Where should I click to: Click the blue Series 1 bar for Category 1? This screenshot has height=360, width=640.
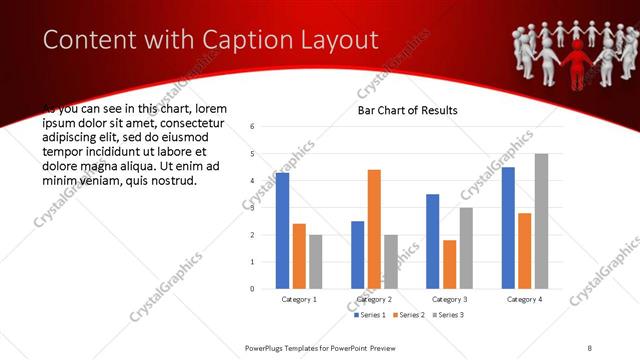[282, 231]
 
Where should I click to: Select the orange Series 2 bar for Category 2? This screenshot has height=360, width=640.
[374, 229]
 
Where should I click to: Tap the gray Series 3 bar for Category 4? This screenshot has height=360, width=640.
[541, 221]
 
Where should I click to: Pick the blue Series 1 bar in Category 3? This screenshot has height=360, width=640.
[432, 241]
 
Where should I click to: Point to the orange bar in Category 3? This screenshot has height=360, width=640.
[449, 264]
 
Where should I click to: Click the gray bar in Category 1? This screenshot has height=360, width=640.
[316, 262]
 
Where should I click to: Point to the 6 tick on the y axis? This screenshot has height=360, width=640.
[253, 127]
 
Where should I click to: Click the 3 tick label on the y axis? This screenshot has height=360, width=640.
[253, 208]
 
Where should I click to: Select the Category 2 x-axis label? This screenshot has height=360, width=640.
[374, 299]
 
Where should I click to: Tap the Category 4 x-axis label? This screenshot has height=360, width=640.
[524, 299]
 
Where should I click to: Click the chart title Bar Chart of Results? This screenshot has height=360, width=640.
[408, 110]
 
